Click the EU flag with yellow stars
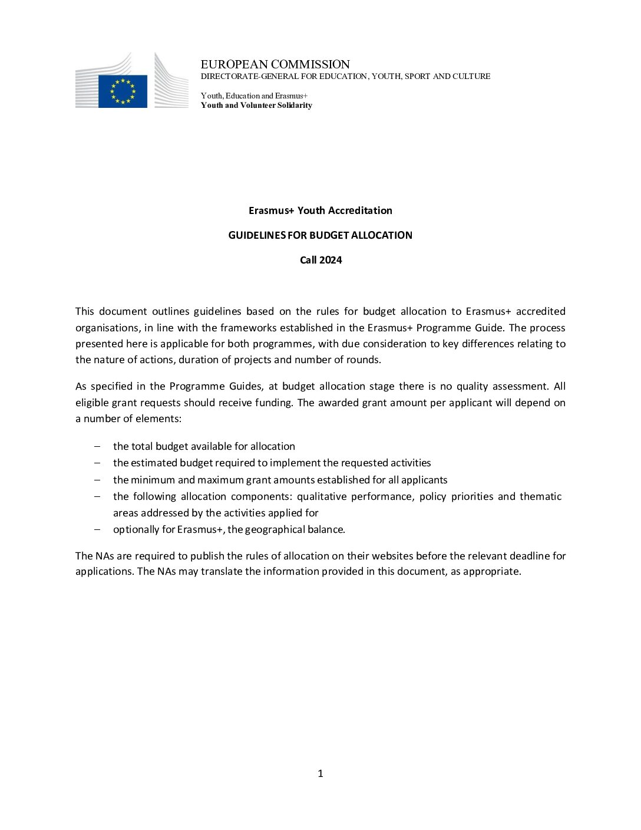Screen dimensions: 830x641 click(x=123, y=91)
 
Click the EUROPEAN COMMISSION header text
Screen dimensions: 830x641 click(x=275, y=64)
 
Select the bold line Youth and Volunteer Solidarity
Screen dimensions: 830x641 click(x=256, y=106)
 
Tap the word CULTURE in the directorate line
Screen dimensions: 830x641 click(x=471, y=77)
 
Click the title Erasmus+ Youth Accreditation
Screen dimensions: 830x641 click(x=320, y=210)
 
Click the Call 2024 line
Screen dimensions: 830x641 click(x=320, y=260)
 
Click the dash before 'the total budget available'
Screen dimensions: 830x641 click(x=97, y=446)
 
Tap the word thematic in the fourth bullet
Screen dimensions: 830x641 click(x=540, y=496)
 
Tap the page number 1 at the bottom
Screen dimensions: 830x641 click(x=320, y=773)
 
